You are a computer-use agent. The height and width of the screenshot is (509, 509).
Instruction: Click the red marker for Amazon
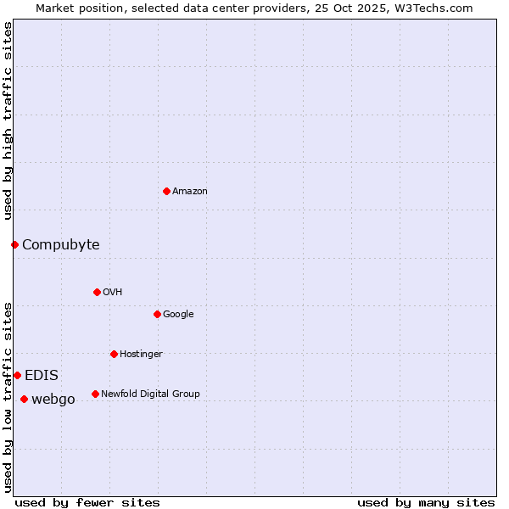pos(166,191)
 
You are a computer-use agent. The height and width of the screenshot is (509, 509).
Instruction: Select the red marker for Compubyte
pos(14,244)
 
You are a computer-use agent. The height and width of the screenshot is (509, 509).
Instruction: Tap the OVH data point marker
pos(97,292)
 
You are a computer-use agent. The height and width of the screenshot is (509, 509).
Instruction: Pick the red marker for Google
pos(157,314)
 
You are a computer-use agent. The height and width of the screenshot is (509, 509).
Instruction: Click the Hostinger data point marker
pos(114,354)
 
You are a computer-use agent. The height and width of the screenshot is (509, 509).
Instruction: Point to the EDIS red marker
pos(17,375)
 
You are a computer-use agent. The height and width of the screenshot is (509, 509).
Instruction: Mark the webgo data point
pos(24,399)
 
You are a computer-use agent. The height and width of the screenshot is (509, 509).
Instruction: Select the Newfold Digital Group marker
pos(95,394)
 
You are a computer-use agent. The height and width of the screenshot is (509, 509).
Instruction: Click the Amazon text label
pos(190,192)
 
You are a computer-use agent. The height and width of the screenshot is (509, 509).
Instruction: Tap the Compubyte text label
pos(61,245)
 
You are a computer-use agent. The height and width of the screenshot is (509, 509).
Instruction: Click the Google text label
pos(178,315)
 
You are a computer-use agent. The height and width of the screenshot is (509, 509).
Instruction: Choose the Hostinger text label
pos(141,355)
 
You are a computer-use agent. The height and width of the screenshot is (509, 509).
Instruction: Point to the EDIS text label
pos(42,376)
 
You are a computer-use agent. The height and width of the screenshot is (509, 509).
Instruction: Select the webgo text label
pos(53,400)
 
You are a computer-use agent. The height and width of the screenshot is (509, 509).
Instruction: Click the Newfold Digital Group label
pos(150,394)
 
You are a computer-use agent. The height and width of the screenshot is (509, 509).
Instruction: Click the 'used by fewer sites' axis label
pos(87,502)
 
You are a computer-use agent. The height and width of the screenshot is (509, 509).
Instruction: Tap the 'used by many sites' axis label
pos(426,502)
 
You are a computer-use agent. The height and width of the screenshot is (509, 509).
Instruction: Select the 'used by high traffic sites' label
pos(8,120)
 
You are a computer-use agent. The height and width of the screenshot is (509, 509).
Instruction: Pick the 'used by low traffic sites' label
pos(8,397)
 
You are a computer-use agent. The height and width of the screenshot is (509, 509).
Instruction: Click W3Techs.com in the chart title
pos(432,8)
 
